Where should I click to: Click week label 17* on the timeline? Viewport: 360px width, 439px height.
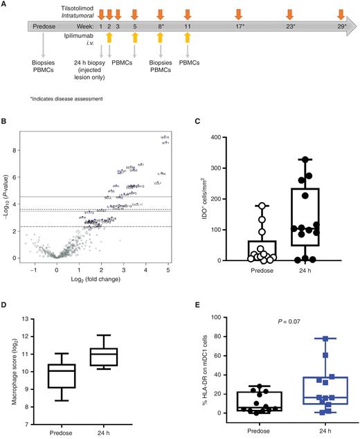click(239, 26)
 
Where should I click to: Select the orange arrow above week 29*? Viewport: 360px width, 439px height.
click(341, 13)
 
